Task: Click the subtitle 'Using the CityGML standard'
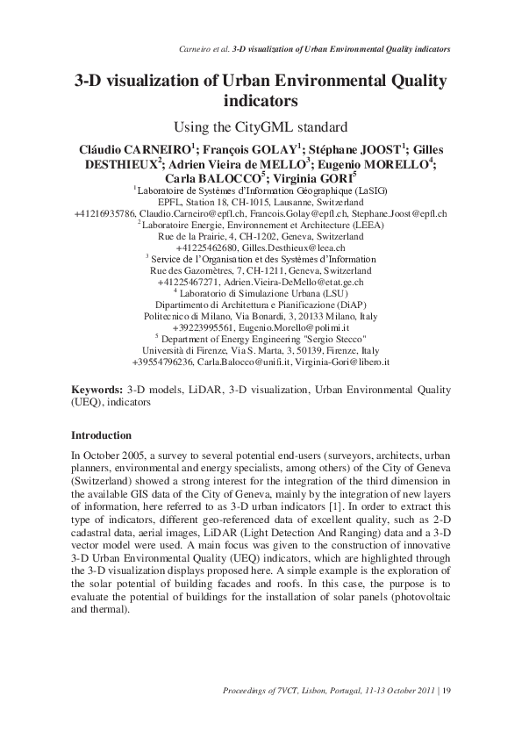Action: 261,126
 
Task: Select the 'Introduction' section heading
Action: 101,435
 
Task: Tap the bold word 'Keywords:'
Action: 96,387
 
